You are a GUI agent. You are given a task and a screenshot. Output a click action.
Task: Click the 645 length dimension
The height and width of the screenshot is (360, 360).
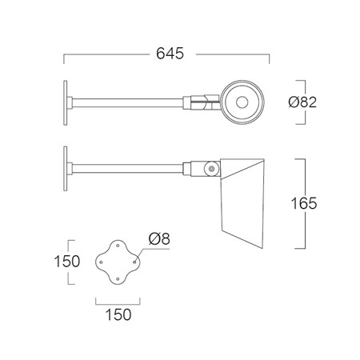point(170,54)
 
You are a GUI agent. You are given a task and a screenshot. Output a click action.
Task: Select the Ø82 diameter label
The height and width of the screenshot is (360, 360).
point(302,102)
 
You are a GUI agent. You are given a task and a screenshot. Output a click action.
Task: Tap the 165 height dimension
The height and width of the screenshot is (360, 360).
point(304,203)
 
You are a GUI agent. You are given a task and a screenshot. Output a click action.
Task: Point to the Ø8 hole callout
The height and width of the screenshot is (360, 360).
point(159,238)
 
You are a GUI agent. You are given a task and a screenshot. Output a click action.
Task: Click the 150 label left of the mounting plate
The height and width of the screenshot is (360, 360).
point(66,262)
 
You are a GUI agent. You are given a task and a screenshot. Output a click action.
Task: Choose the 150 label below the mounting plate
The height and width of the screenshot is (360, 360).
point(118,314)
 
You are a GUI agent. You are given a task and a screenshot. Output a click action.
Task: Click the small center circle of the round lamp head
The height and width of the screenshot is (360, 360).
point(242,102)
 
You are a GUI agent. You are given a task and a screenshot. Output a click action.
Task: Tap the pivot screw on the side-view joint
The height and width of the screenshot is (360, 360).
point(212,169)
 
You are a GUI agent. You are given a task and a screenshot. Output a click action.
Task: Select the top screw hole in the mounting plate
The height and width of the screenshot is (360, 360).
point(118,245)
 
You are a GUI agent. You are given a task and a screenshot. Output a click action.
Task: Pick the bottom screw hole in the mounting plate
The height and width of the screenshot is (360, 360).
point(118,279)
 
